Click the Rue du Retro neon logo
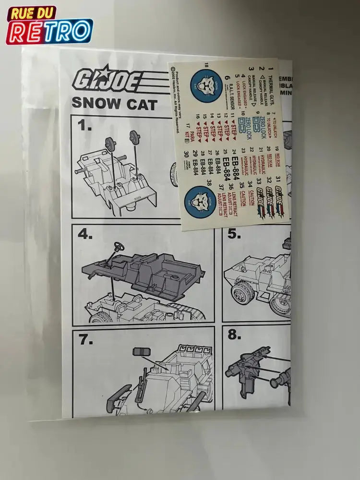[49, 25]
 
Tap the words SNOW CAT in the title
[114, 103]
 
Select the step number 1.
[85, 126]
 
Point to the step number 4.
[85, 234]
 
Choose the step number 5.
[234, 234]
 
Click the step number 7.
[85, 339]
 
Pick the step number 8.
[234, 335]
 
